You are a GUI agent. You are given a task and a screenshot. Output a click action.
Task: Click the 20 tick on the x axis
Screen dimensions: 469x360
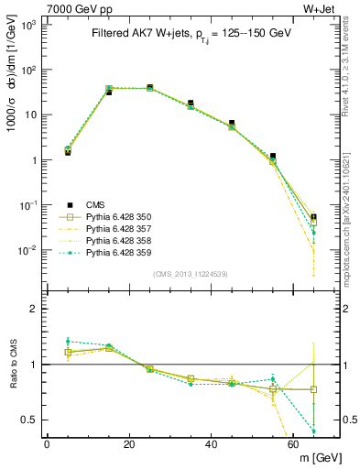[129, 444]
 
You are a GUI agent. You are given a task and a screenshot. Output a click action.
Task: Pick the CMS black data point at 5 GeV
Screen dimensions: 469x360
[68, 152]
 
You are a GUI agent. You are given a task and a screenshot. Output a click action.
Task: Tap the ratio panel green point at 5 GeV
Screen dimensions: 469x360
[68, 341]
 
